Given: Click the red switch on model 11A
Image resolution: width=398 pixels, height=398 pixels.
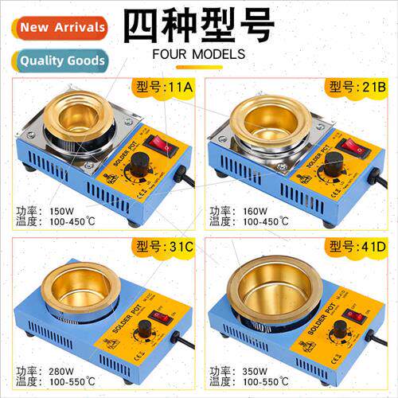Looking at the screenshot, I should click(162, 146).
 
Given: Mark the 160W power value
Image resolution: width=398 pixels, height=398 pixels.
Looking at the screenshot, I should click(256, 211).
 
